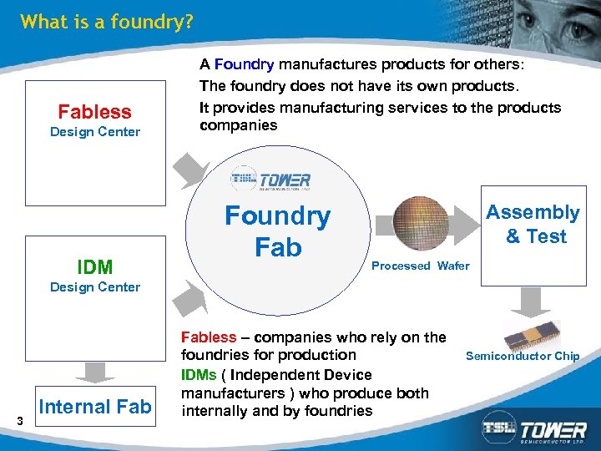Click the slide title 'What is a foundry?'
(x=106, y=22)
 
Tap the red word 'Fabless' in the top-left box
(x=94, y=112)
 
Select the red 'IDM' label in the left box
(x=94, y=267)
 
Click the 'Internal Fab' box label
(x=95, y=407)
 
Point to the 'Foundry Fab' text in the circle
(x=278, y=231)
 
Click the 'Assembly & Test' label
(x=533, y=225)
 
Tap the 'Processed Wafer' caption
(x=420, y=266)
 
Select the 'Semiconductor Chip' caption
(x=522, y=356)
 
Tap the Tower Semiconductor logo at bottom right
(x=533, y=429)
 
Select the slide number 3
(x=19, y=420)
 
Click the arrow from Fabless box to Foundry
(x=193, y=166)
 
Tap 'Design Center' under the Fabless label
(x=95, y=132)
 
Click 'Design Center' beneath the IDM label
(x=95, y=287)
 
